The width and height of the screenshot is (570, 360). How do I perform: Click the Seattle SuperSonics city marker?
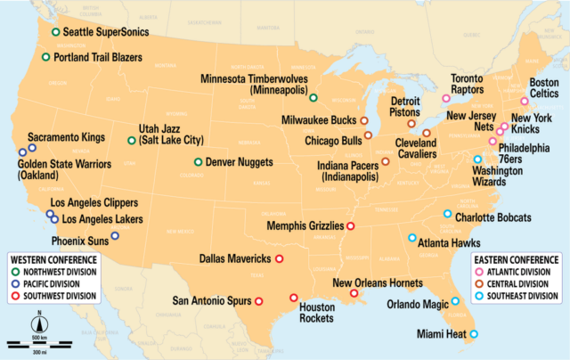56,32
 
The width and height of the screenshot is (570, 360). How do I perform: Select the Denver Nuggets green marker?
199,162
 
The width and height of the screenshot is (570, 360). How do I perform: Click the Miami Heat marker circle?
473,334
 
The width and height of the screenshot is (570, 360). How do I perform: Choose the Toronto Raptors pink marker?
446,99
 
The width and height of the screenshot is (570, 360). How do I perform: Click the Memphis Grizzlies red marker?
350,226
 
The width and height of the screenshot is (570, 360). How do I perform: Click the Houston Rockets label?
316,313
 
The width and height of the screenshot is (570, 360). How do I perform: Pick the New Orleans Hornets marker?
354,293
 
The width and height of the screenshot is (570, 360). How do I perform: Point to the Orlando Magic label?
418,304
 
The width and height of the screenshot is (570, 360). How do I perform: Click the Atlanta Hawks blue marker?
411,238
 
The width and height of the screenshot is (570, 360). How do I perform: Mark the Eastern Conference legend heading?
517,261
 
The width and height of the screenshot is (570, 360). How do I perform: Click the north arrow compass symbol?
39,322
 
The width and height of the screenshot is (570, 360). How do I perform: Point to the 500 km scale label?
39,337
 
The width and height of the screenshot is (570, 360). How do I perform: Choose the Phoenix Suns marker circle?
115,237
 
